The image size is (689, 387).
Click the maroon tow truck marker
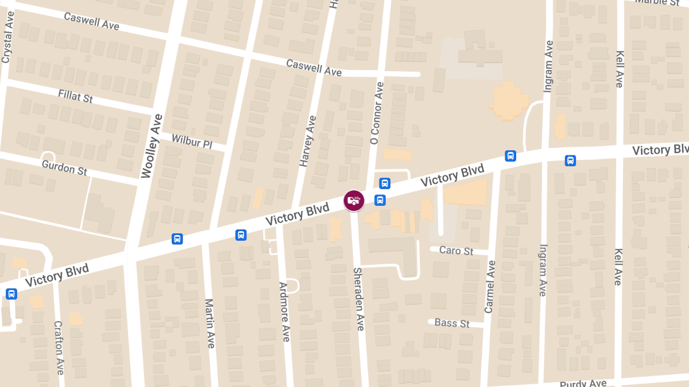tap(354, 200)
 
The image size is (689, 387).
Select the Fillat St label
tap(75, 96)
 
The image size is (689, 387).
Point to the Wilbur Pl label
tap(192, 141)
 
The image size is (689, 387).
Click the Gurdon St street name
tap(64, 167)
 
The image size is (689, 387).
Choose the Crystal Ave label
tap(7, 38)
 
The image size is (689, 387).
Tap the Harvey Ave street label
tap(307, 141)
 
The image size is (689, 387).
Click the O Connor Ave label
tap(377, 113)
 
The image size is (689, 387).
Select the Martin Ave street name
tap(210, 323)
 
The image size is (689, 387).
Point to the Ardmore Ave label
tap(285, 312)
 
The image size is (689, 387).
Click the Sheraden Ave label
tap(359, 299)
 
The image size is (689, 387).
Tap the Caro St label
tap(456, 251)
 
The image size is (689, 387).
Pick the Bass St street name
tap(452, 323)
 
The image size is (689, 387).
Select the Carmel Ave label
tap(489, 287)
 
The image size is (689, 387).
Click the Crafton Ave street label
tap(59, 347)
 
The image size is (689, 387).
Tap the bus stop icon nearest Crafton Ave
tap(11, 294)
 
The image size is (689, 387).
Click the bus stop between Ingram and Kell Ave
tap(570, 161)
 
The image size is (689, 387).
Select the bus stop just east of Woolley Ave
tap(177, 239)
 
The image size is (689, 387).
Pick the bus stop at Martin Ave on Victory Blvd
tap(241, 234)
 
